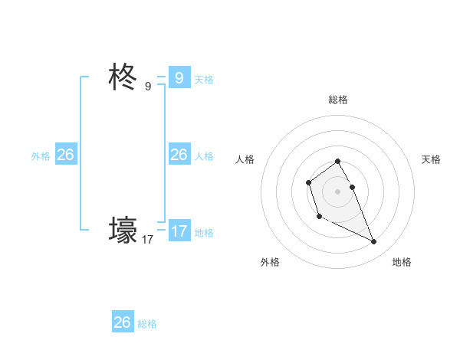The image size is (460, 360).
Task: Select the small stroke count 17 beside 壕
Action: click(148, 240)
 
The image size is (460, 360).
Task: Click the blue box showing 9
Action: click(179, 78)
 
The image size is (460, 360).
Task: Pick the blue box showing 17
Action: click(179, 231)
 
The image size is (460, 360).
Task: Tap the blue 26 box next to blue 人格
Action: click(179, 155)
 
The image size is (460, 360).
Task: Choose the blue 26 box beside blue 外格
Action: click(65, 155)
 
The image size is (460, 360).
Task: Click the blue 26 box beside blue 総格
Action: click(122, 322)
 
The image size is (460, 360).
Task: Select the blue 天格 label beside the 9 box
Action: click(204, 80)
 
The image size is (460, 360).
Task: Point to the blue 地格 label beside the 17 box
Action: click(204, 233)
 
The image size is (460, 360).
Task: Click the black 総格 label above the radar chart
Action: click(338, 100)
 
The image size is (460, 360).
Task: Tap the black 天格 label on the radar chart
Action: click(431, 159)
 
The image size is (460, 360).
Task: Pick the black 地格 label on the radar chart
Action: click(402, 262)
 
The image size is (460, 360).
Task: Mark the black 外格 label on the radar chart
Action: click(270, 262)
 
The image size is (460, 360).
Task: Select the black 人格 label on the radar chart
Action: click(245, 159)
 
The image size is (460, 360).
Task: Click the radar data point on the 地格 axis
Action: click(374, 242)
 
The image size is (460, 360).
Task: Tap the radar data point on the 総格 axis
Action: click(337, 161)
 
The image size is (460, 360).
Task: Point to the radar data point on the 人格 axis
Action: click(308, 182)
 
